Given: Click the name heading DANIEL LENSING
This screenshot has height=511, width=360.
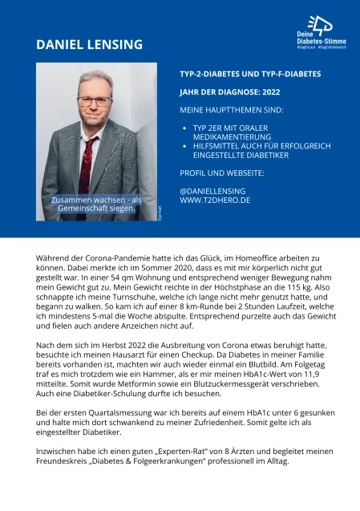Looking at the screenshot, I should click(89, 44).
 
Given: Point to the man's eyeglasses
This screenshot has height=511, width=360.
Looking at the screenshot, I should click(94, 101).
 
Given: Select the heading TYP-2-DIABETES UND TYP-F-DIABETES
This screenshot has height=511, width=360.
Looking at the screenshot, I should click(250, 73).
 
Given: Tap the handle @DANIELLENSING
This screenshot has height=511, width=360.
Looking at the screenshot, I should click(212, 190).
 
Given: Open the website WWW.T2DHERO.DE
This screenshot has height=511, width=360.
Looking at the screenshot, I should click(216, 200).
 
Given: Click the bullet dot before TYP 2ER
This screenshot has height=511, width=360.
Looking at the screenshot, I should click(185, 128).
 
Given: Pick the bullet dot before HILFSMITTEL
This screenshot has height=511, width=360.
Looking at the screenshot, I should click(185, 146).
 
